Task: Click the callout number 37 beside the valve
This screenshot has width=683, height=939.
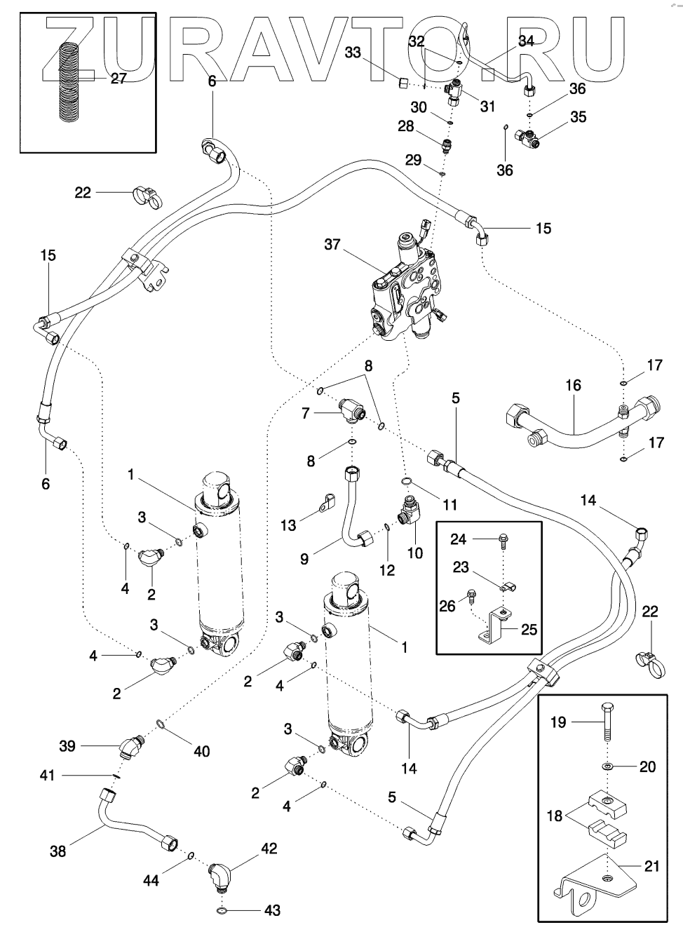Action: pyautogui.click(x=333, y=244)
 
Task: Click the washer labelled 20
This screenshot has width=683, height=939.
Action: pyautogui.click(x=607, y=766)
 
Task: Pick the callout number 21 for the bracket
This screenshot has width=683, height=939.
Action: pyautogui.click(x=651, y=867)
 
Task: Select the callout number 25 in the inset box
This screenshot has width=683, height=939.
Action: pyautogui.click(x=529, y=629)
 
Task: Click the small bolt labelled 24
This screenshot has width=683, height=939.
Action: pyautogui.click(x=503, y=539)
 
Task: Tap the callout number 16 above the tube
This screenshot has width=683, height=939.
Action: pyautogui.click(x=574, y=385)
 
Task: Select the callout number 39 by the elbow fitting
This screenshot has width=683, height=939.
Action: pyautogui.click(x=67, y=745)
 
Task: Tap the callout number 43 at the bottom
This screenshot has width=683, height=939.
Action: pyautogui.click(x=272, y=911)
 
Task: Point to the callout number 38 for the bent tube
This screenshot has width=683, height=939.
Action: pyautogui.click(x=58, y=851)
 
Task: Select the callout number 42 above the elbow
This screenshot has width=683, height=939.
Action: pyautogui.click(x=269, y=849)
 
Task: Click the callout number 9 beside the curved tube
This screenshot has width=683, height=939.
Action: pyautogui.click(x=304, y=559)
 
